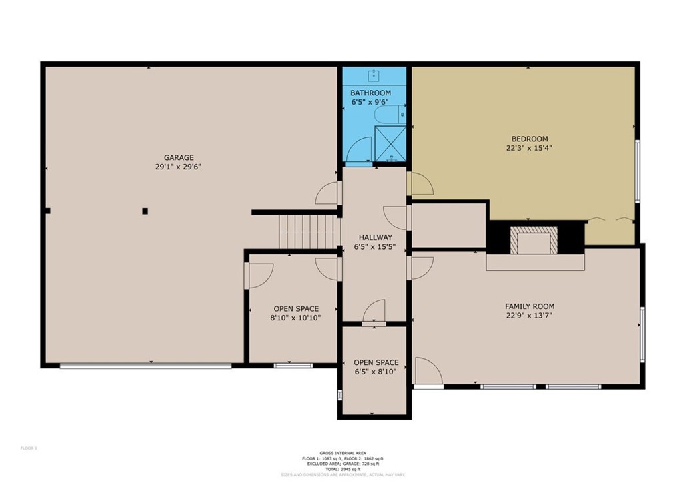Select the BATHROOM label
pyautogui.click(x=370, y=93)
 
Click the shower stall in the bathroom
pyautogui.click(x=390, y=144)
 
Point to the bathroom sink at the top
pyautogui.click(x=375, y=75)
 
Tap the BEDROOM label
pyautogui.click(x=528, y=139)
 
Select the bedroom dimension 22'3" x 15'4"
pyautogui.click(x=528, y=149)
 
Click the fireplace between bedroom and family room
pyautogui.click(x=533, y=239)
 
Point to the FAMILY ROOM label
pyautogui.click(x=529, y=306)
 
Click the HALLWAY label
pyautogui.click(x=375, y=237)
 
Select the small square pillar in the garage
pyautogui.click(x=145, y=211)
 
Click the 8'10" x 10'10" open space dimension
pyautogui.click(x=296, y=318)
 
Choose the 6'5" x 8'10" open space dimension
pyautogui.click(x=376, y=372)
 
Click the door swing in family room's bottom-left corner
pyautogui.click(x=427, y=370)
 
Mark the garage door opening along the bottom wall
pyautogui.click(x=145, y=365)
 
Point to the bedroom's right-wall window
pyautogui.click(x=638, y=170)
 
